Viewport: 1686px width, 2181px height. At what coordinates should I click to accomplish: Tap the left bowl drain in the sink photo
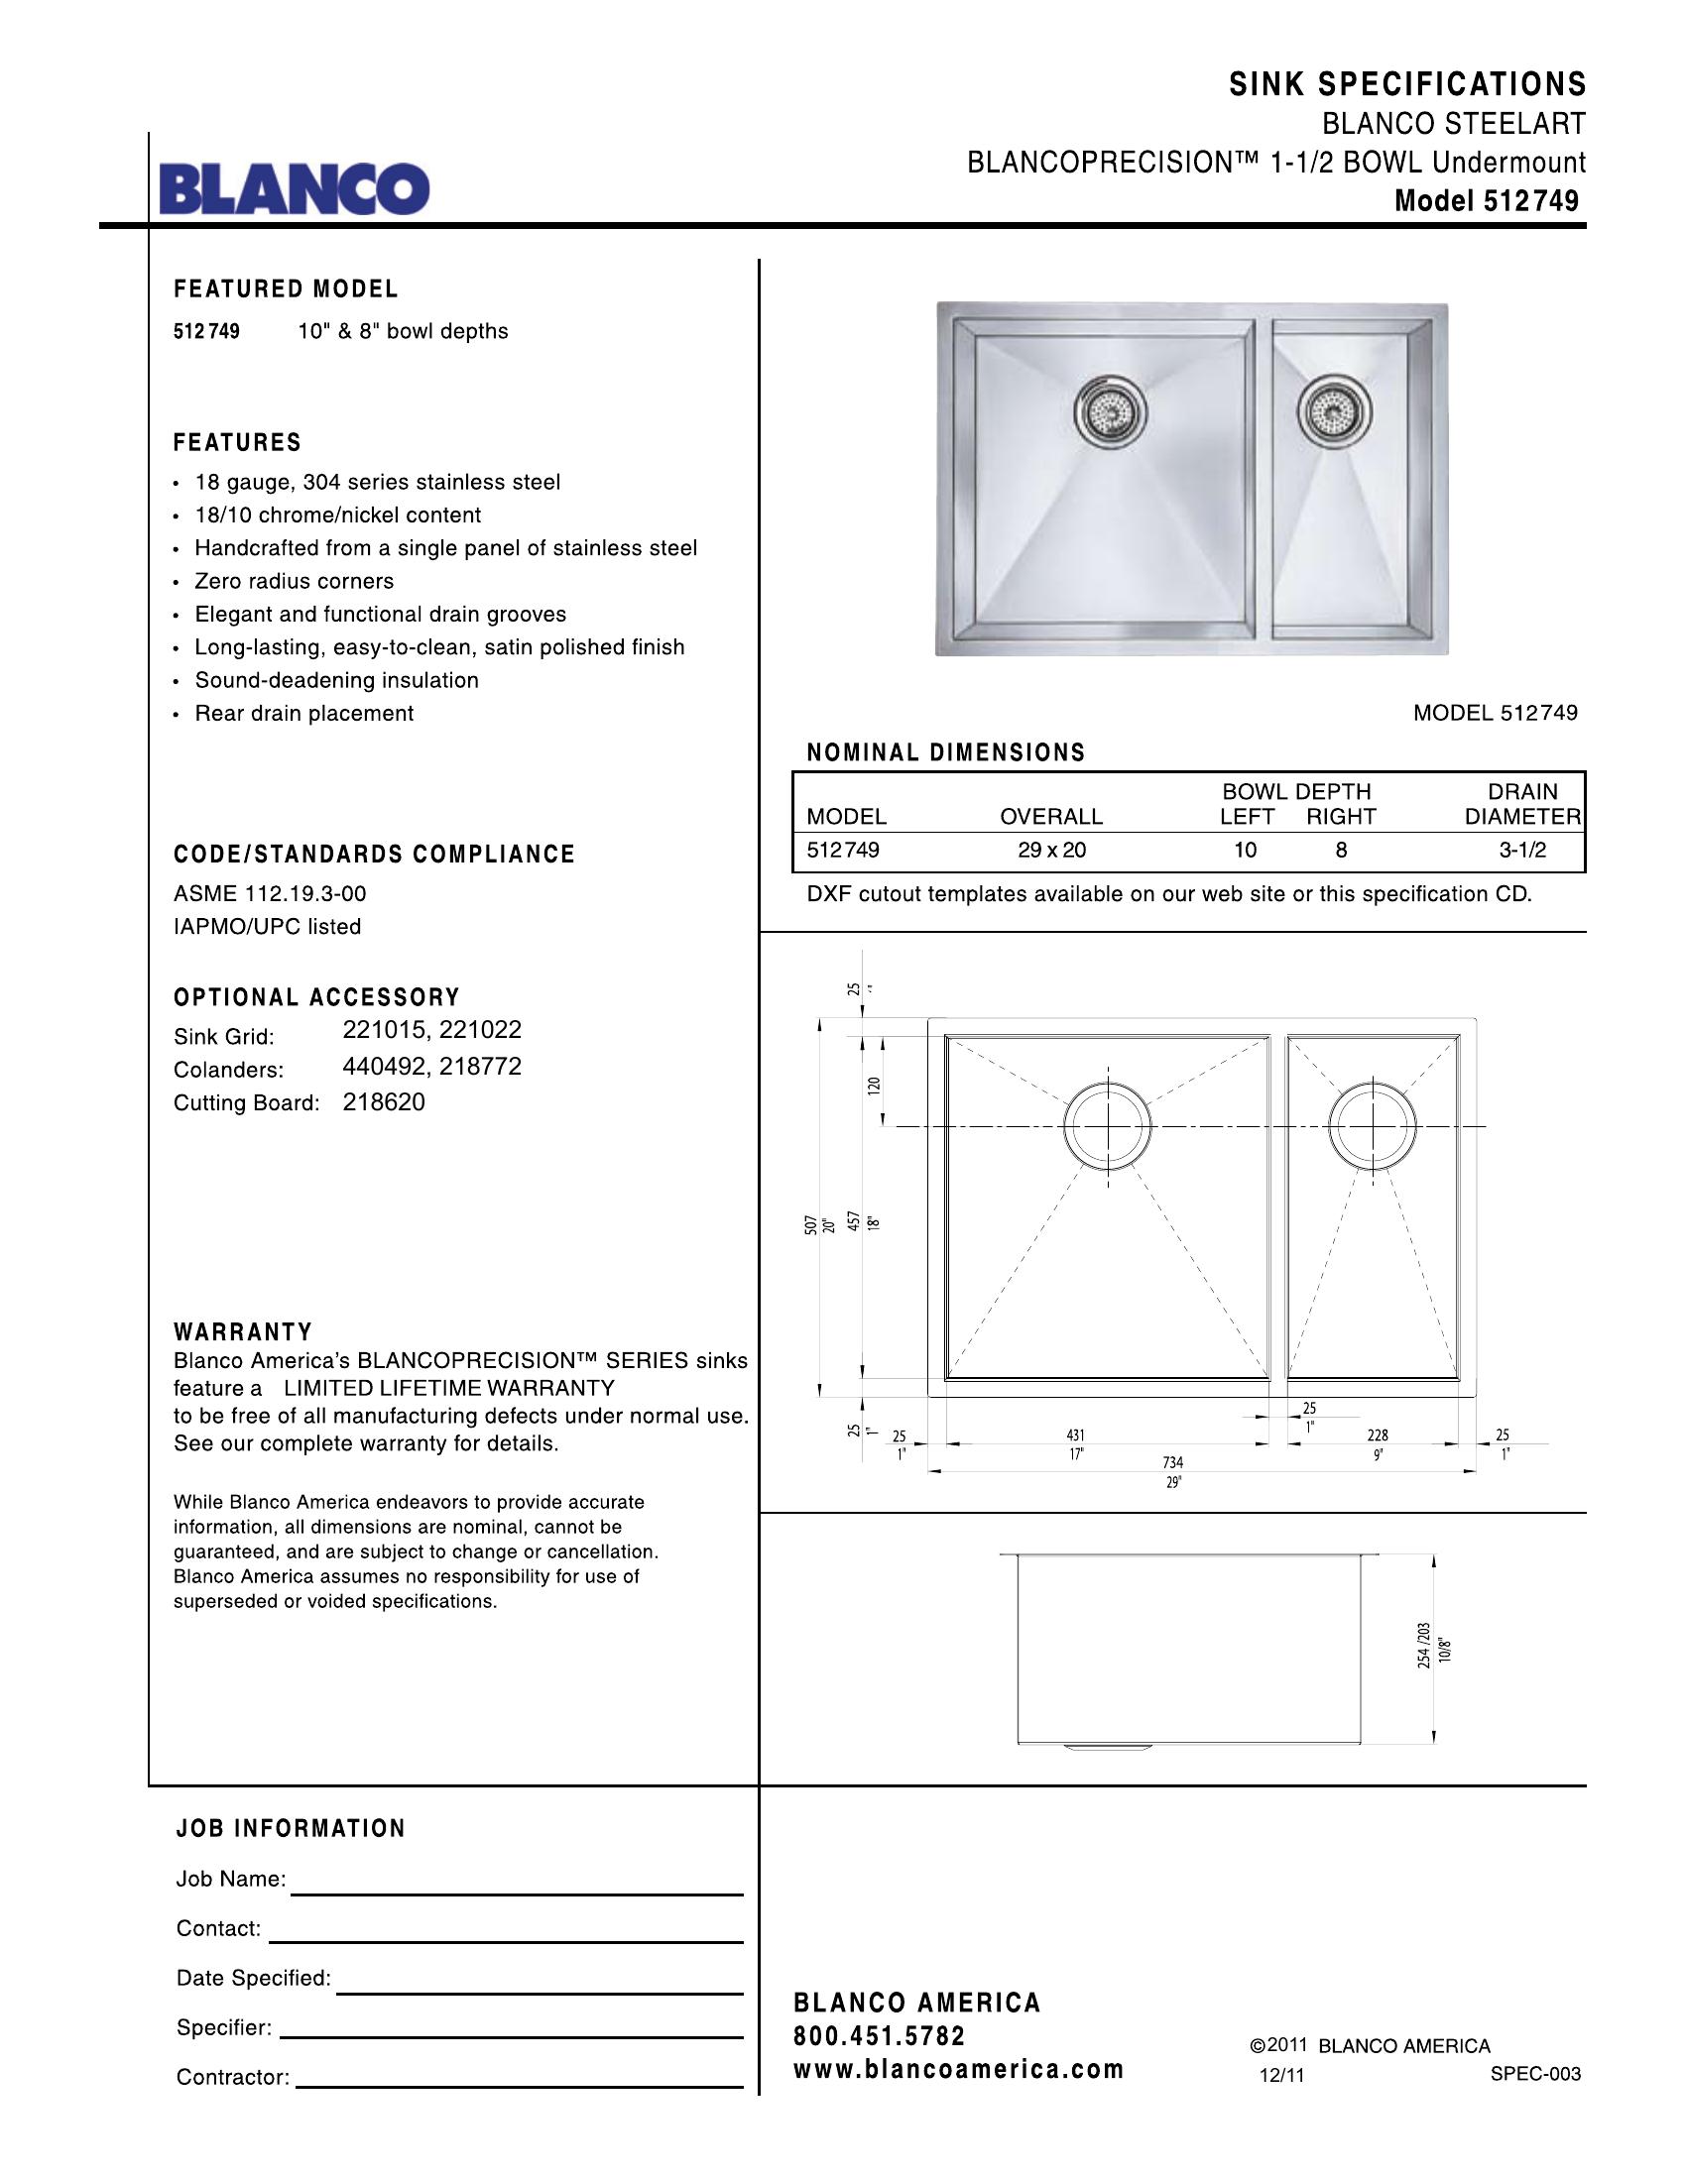[1111, 409]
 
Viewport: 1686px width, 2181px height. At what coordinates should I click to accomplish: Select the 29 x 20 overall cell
[1050, 850]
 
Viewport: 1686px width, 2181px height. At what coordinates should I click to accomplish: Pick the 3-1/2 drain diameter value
[1522, 850]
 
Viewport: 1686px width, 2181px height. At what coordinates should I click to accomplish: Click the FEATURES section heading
[238, 442]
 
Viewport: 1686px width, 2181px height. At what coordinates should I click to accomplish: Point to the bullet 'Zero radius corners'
[294, 581]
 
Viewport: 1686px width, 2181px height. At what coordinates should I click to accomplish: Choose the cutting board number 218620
[384, 1102]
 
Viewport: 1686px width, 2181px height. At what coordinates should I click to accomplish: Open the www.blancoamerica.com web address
[958, 2069]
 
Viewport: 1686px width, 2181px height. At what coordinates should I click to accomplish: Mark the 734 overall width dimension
[1173, 1462]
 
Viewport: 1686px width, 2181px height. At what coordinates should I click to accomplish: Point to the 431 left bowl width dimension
[1076, 1435]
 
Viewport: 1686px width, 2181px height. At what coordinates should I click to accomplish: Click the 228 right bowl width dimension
[1378, 1435]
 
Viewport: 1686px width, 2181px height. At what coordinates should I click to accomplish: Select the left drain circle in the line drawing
[1107, 1126]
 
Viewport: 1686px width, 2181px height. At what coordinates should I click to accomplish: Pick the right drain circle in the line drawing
[1373, 1124]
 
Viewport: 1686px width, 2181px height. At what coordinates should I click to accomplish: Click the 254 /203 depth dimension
[1424, 1645]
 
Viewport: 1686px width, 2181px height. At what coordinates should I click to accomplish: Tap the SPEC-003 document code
[1535, 2074]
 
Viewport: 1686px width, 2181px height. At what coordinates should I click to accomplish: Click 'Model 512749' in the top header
[1487, 201]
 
